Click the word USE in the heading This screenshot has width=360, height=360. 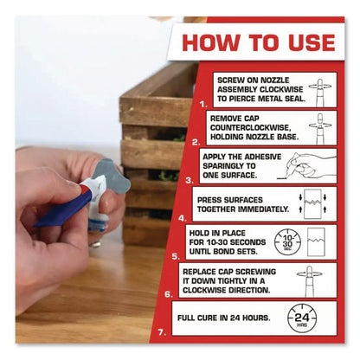tap(312, 43)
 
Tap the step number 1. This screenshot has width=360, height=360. tap(203, 104)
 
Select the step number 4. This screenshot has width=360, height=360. tap(183, 218)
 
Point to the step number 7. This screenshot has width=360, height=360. tap(162, 332)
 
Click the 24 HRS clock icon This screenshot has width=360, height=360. tap(302, 318)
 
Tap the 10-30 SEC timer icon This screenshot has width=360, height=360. tap(287, 242)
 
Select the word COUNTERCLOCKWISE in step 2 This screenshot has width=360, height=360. tap(249, 127)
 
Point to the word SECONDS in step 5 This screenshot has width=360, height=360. tap(249, 242)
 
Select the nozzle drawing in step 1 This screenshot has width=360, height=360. tap(320, 93)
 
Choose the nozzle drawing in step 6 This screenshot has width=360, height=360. tap(309, 281)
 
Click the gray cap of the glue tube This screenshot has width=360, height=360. tap(111, 175)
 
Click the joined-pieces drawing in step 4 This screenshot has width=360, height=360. tap(313, 204)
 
